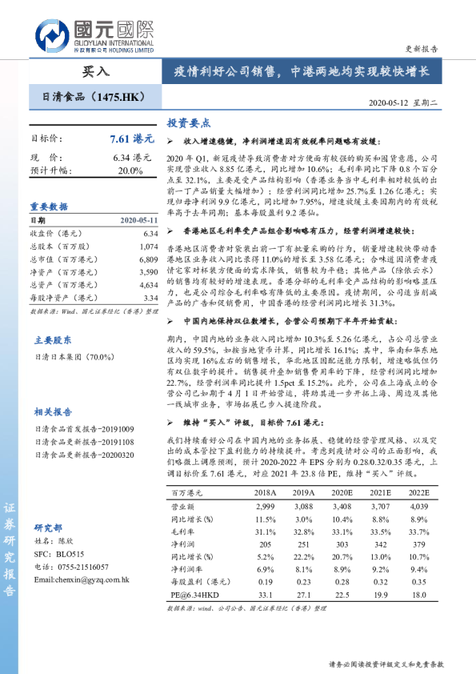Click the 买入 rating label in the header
[x=97, y=71]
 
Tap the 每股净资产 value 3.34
[x=150, y=297]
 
